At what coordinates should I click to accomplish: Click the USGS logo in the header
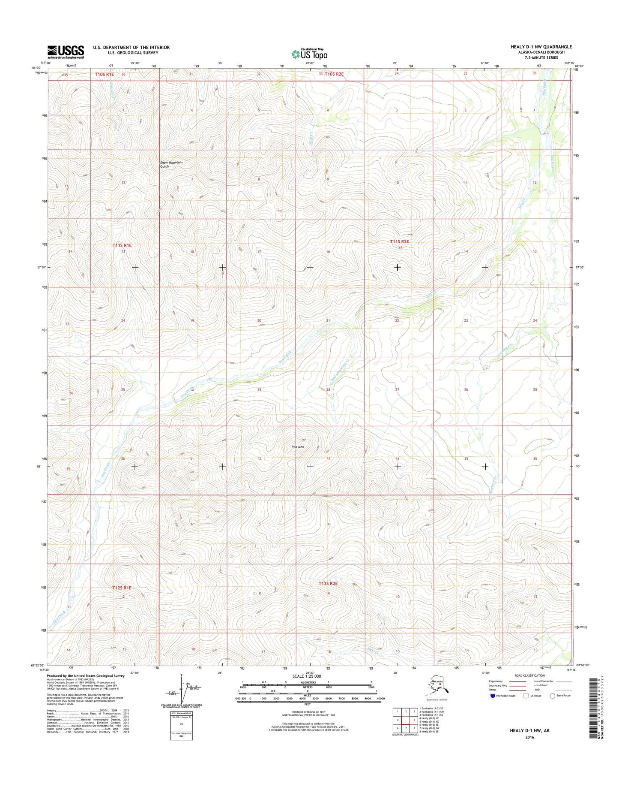click(x=66, y=51)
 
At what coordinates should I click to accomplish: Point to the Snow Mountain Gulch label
click(x=171, y=164)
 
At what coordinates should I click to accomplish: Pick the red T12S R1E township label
click(x=122, y=588)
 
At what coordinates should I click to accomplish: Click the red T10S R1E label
click(x=105, y=74)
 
